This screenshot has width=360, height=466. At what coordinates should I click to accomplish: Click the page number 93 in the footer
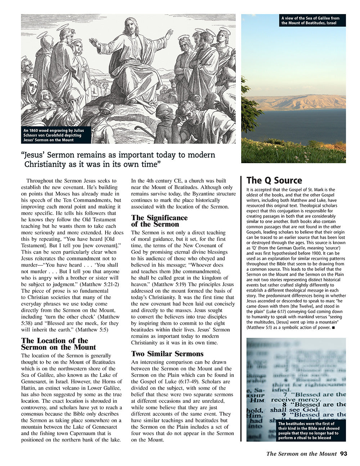point(343,454)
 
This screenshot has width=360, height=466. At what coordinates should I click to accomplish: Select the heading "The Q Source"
point(274,180)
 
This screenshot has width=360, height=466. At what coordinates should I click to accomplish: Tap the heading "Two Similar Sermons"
point(167,354)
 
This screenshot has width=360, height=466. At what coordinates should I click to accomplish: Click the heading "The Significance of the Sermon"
point(159,221)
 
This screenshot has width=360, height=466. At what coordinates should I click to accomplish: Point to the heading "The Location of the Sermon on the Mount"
point(58,344)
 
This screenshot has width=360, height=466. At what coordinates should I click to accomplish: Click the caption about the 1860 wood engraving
point(54,135)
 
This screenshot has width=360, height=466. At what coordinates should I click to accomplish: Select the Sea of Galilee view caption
point(310,21)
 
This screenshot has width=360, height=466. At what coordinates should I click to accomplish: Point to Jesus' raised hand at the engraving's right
point(168,34)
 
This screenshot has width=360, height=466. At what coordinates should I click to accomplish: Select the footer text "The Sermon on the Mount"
point(301,454)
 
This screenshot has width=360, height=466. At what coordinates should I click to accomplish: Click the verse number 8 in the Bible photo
point(284,405)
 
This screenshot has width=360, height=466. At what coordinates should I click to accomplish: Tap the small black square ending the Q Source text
point(334,328)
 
